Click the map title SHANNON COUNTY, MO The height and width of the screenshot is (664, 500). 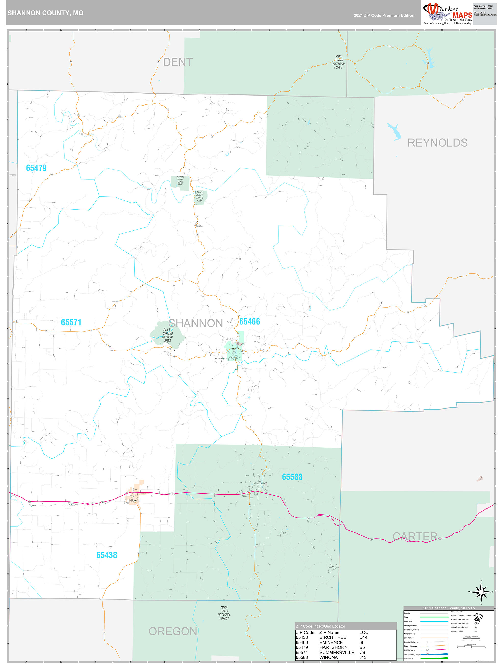pos(46,13)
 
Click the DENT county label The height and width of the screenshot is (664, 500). pos(178,62)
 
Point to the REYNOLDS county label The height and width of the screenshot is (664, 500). pos(437,143)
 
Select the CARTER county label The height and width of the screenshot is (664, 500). pos(415,536)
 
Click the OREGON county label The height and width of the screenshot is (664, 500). pos(173,631)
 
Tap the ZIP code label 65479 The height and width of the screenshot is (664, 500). pos(36,168)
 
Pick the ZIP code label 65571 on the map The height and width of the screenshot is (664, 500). pos(71,322)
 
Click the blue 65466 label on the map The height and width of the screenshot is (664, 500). pos(249,322)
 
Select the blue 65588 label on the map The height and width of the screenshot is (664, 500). pos(292,477)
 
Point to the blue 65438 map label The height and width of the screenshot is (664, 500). pos(107,555)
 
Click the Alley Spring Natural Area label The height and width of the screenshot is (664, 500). pos(168,335)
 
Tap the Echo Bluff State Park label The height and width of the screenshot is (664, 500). pos(200,196)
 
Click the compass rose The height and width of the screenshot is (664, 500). pos(481,592)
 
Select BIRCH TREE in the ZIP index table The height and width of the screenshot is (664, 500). pos(332,637)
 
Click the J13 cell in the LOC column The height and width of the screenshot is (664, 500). pos(363,657)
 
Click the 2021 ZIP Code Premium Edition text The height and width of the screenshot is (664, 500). pos(384,15)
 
